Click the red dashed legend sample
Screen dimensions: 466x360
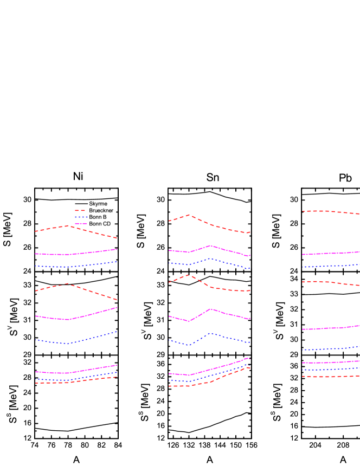(x=80, y=210)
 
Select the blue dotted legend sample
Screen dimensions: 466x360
(x=81, y=217)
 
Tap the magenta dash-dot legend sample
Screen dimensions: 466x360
(x=81, y=223)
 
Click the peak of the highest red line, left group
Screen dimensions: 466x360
(x=68, y=226)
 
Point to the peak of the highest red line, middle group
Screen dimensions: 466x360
(x=189, y=215)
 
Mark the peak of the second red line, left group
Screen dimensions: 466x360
(x=68, y=283)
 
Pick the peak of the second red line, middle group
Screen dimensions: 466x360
(x=189, y=275)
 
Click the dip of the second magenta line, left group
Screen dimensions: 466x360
(x=68, y=320)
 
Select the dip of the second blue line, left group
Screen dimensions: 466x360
(x=68, y=344)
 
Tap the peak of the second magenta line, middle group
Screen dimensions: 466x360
(x=210, y=309)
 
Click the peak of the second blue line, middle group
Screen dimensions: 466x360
(x=210, y=333)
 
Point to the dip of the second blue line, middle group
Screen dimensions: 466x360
(x=189, y=345)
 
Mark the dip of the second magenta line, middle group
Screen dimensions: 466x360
(x=189, y=321)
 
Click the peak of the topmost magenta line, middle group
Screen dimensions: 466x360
(x=210, y=245)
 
